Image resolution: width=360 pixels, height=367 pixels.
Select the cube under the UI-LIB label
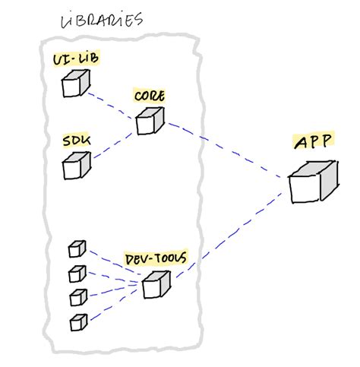[74, 84]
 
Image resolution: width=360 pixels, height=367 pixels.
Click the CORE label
[149, 96]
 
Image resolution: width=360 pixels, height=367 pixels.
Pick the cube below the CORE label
[149, 122]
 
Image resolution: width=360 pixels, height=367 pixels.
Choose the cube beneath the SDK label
[76, 166]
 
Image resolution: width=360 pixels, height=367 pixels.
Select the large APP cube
[311, 183]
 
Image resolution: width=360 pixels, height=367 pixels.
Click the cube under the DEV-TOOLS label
[155, 285]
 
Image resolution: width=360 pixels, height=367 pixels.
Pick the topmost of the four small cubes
[77, 249]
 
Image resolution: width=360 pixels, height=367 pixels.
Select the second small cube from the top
[77, 272]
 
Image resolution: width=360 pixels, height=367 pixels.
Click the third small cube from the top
[77, 296]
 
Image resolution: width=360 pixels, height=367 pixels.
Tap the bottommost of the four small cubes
[77, 321]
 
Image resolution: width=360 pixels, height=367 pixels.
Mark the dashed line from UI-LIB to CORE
[112, 105]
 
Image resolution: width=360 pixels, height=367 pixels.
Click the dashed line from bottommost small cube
[114, 304]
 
